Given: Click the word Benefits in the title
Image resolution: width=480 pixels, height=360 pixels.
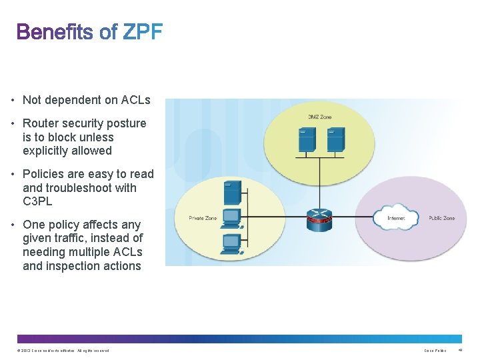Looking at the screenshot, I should click(x=55, y=31).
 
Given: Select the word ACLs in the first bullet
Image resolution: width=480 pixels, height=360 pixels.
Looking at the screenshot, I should click(x=136, y=100).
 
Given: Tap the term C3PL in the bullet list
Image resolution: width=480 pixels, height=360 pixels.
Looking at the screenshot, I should click(x=37, y=201).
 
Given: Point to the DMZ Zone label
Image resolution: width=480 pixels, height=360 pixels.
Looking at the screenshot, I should click(x=319, y=117).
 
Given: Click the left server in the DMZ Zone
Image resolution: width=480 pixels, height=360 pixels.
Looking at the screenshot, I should click(x=307, y=139).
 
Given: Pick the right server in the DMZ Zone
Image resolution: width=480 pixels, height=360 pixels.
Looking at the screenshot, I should click(x=335, y=139).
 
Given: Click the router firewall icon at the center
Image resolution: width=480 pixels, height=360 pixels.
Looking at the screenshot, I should click(x=319, y=219).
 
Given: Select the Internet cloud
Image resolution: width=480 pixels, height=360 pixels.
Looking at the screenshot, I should click(x=395, y=217).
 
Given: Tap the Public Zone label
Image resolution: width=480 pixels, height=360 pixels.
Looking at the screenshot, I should click(x=441, y=218).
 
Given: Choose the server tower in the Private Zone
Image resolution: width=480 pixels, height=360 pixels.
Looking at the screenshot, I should click(x=232, y=192).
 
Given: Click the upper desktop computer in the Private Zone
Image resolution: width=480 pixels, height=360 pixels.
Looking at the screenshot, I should click(x=231, y=217).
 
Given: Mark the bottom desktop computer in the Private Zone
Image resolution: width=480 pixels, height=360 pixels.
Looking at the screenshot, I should click(x=231, y=243).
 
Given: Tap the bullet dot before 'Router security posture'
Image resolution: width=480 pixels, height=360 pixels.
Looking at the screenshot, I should click(x=14, y=123).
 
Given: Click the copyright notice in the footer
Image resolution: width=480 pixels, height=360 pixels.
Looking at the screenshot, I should click(x=63, y=351).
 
